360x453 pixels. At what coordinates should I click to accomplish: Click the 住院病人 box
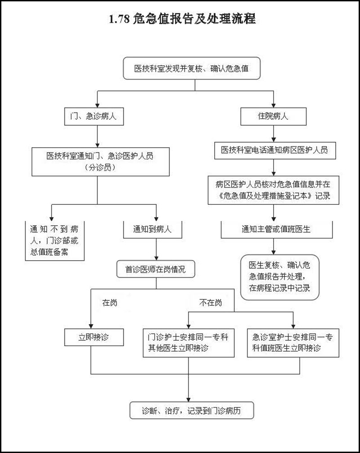[274, 116]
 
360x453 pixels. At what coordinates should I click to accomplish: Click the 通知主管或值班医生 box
[276, 229]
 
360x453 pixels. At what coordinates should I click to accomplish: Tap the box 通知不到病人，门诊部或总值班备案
[54, 240]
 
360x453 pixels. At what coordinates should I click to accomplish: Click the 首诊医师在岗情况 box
[155, 269]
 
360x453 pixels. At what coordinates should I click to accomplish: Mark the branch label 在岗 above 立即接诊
[110, 303]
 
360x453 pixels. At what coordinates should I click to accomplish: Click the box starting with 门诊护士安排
[188, 342]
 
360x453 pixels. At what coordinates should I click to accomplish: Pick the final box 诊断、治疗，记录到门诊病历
[192, 411]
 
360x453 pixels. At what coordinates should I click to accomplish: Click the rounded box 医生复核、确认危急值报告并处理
[280, 276]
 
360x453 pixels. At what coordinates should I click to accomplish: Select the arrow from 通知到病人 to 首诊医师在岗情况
[156, 249]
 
